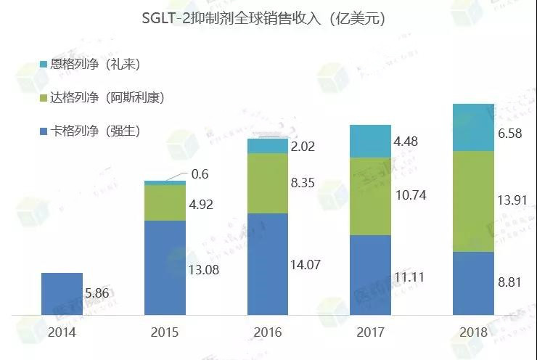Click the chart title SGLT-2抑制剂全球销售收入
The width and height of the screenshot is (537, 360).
(263, 20)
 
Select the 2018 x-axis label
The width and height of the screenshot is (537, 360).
(473, 332)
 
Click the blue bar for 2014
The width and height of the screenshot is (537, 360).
(62, 294)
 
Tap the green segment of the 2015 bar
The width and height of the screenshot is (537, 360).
(165, 202)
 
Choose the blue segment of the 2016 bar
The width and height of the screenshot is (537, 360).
(268, 264)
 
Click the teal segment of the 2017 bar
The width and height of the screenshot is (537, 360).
(370, 142)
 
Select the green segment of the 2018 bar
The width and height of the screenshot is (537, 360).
(473, 201)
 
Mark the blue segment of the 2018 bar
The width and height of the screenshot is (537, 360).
(473, 284)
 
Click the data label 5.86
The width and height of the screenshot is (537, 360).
(99, 295)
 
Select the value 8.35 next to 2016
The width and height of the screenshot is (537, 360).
(306, 184)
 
